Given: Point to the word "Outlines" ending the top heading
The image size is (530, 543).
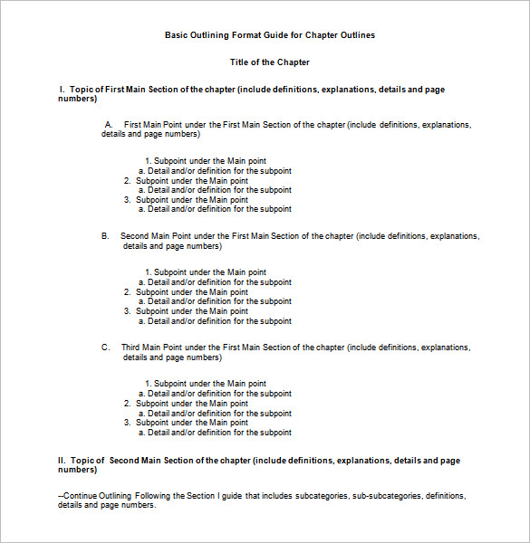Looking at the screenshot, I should pos(356,35).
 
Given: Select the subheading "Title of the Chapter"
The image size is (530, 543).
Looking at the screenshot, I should pos(269,62).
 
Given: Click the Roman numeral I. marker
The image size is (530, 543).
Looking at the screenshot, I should pos(62,90).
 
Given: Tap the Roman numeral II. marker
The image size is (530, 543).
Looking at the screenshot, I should pos(63,461).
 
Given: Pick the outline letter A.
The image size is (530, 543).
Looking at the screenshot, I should pos(109,124).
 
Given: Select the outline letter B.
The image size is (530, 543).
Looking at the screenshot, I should pos(105,235).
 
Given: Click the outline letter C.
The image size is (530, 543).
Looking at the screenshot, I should pos(105,348).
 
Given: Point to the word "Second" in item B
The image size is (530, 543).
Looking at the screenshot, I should pos(136,235).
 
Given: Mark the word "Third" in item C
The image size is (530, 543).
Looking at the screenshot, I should pos(132,348).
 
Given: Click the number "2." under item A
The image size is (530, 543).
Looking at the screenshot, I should pos(128,180).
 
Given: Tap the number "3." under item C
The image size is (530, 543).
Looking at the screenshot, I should pos(128,423).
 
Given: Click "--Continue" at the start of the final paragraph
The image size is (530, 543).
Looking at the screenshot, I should pos(76,496).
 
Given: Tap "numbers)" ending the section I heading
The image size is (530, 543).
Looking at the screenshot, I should pos(77,99).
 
